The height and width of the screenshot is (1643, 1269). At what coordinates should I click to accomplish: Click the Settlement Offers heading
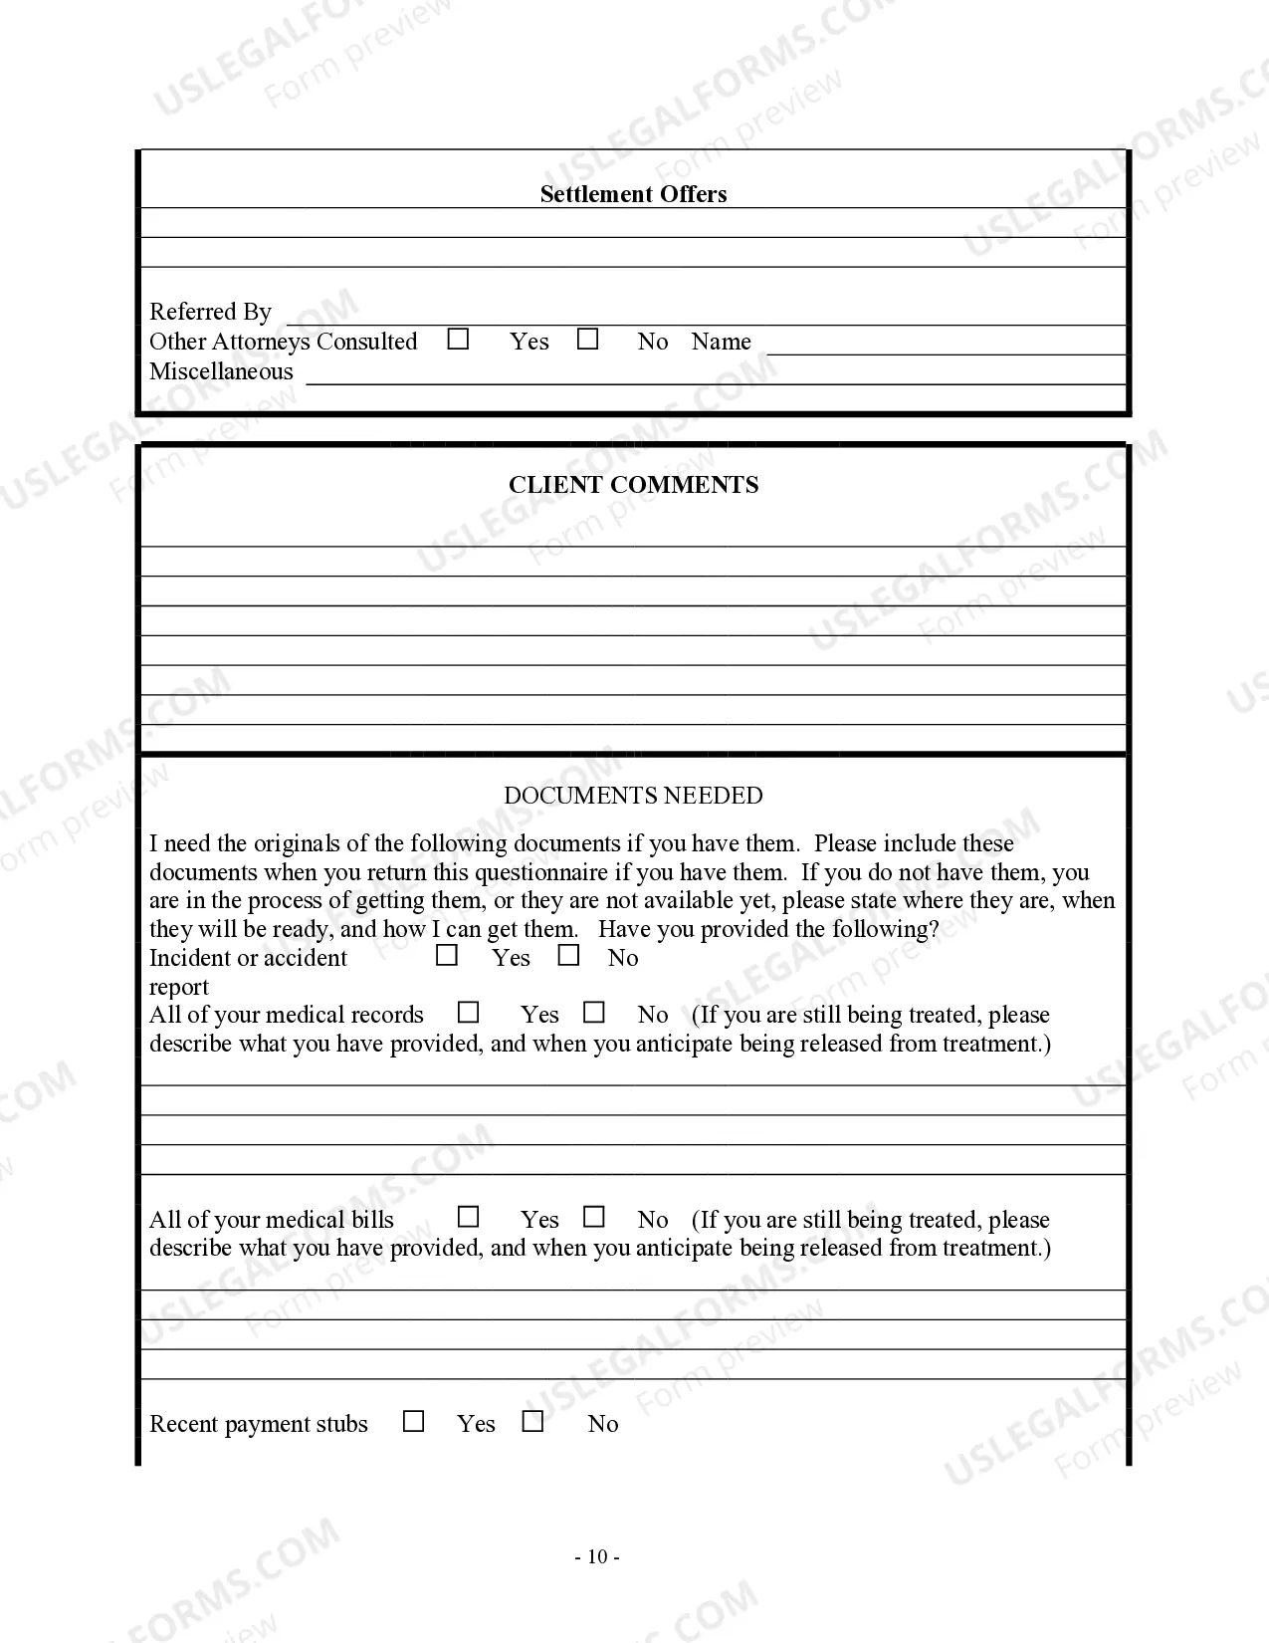click(x=633, y=194)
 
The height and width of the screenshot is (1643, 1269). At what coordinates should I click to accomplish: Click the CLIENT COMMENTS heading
click(x=633, y=485)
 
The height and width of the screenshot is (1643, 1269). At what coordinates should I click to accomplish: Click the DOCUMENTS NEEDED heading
click(x=633, y=796)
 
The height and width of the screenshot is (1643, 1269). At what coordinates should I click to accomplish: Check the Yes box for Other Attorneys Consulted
click(x=458, y=340)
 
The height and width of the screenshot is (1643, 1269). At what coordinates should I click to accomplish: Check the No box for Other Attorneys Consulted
click(x=588, y=340)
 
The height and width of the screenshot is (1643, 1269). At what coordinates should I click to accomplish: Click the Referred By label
click(x=210, y=312)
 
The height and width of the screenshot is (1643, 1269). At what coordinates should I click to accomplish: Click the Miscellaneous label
click(x=221, y=371)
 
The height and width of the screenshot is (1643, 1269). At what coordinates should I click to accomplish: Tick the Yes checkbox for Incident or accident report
click(x=447, y=956)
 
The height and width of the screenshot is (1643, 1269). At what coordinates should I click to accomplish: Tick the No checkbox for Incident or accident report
click(x=568, y=956)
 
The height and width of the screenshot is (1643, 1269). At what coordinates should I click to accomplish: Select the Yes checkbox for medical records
click(x=468, y=1013)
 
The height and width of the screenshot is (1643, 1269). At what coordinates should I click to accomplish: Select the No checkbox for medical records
click(x=594, y=1013)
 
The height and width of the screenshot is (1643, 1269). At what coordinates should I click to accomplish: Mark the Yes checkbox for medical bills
click(x=468, y=1218)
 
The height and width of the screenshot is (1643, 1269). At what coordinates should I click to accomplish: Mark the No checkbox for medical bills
click(x=594, y=1218)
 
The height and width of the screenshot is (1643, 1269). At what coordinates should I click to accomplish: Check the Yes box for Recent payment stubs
click(x=413, y=1422)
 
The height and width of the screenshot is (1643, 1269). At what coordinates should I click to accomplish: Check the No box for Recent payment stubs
click(x=532, y=1422)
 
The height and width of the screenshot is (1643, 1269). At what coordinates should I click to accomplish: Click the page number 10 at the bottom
click(x=597, y=1557)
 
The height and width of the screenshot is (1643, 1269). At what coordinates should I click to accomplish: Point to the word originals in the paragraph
click(x=297, y=844)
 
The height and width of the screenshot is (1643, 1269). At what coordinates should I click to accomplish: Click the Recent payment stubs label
click(x=259, y=1424)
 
